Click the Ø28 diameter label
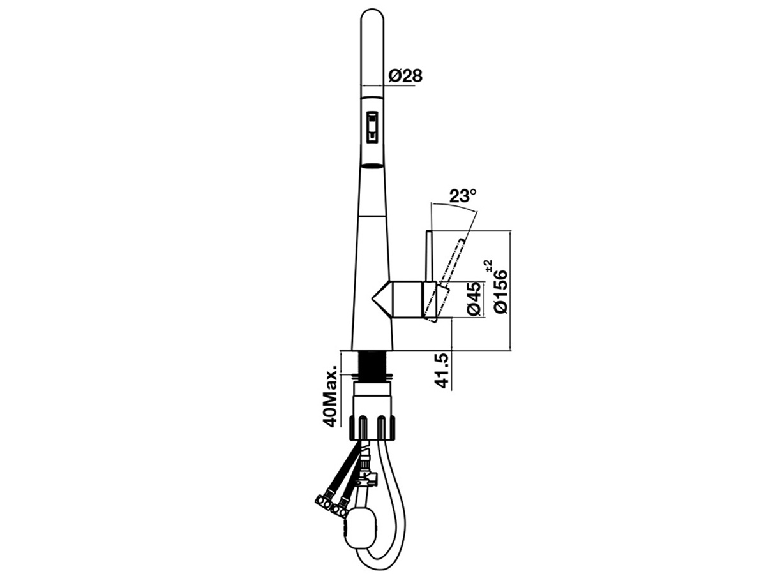point(405,76)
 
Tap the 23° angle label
point(463,196)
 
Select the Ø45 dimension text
point(474,298)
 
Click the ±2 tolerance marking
point(489,266)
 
